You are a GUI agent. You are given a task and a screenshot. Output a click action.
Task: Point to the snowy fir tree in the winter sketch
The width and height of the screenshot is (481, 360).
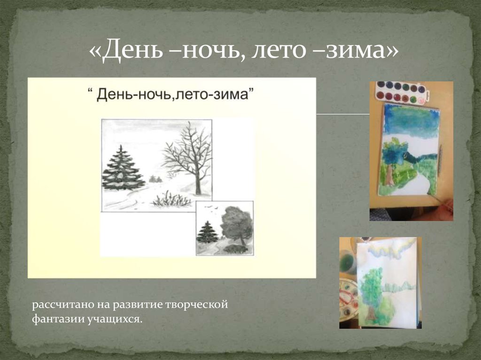pyautogui.click(x=123, y=168)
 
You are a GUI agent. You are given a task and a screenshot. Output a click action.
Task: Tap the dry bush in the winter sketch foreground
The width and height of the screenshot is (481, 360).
pyautogui.click(x=171, y=200)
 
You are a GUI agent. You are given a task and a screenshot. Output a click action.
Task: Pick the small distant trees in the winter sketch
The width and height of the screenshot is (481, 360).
pyautogui.click(x=155, y=179)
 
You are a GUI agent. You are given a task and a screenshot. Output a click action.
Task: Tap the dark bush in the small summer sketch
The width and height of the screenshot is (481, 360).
pyautogui.click(x=236, y=249)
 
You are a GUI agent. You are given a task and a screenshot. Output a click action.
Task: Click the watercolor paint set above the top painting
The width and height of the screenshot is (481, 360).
pyautogui.click(x=402, y=92)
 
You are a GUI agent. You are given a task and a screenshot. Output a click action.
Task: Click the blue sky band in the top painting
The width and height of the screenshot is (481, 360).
pyautogui.click(x=411, y=121)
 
